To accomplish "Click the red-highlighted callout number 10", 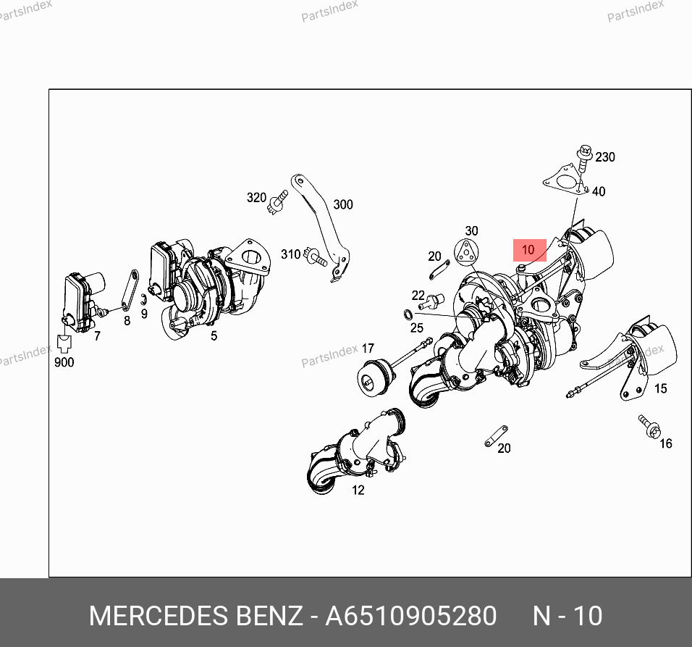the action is [528, 250].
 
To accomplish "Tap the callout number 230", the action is [605, 157].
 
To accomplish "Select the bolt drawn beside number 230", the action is [583, 158].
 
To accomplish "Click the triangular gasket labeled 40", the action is [565, 180].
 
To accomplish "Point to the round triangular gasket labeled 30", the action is [466, 253].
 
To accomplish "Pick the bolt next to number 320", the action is [277, 202].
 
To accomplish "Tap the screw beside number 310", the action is [317, 257].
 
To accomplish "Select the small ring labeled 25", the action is [408, 315].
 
